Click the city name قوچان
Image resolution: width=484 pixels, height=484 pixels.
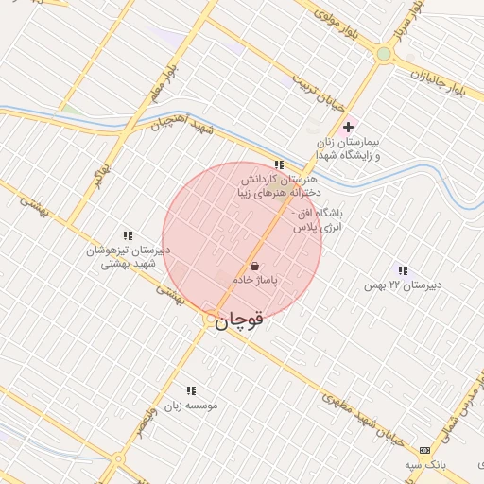239,320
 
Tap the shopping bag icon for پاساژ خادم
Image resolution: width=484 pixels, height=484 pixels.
254,267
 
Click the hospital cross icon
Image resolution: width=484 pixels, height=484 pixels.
348,127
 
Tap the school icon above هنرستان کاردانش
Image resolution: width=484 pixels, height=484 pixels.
277,164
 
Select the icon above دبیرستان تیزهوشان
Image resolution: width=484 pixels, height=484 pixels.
128,235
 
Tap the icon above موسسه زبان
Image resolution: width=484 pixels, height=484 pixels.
191,389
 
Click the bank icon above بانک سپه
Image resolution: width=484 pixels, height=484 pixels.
424,450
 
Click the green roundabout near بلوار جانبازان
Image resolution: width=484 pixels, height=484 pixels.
383,54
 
